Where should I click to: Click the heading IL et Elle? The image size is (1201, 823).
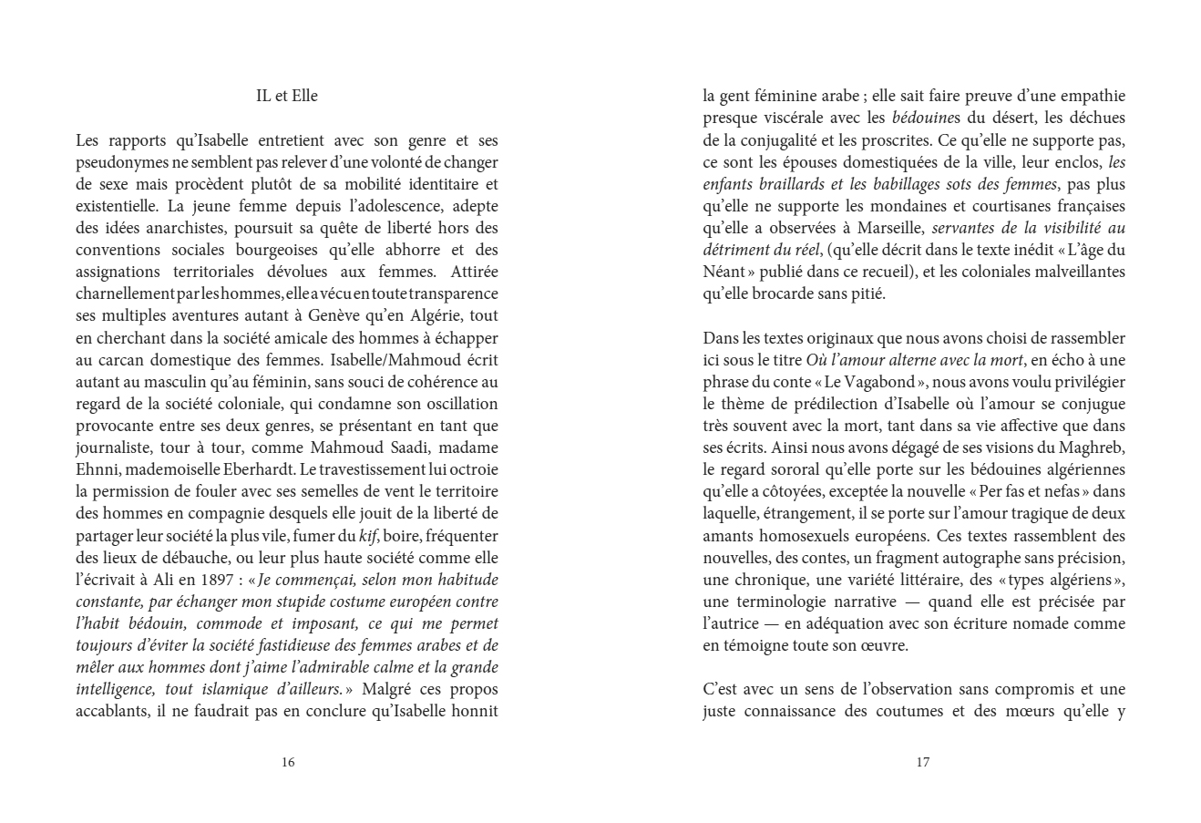coord(287,96)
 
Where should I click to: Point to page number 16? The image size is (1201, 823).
coord(288,763)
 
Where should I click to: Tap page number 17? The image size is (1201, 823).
coord(922,763)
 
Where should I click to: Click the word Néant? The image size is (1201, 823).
coord(724,272)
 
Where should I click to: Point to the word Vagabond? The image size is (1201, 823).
coord(872,381)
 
